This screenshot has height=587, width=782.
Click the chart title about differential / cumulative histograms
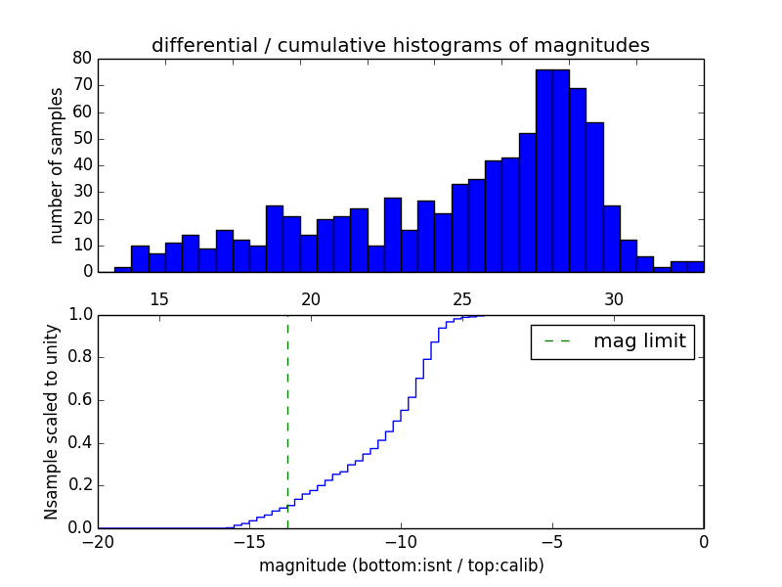pos(400,45)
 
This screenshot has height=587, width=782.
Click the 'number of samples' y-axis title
pos(57,164)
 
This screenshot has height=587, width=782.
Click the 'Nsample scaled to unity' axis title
pos(51,422)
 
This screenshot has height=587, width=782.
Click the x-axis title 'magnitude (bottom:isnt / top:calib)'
pos(401,565)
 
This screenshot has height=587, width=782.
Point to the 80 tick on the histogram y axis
pos(81,59)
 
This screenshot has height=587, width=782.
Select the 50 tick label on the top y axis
pos(81,138)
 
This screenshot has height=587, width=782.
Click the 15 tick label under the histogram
pos(159,299)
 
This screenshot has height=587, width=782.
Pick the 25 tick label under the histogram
pos(461,299)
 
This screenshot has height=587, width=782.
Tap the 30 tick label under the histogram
pos(613,299)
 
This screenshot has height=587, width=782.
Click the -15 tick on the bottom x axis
pos(248,542)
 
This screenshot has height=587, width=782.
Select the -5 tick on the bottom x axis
pos(551,542)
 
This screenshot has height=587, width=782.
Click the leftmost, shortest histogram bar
pos(122,269)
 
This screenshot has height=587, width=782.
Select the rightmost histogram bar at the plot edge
pos(695,266)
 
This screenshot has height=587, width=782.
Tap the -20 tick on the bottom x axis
pos(98,542)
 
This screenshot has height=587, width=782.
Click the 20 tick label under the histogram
pos(311,299)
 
